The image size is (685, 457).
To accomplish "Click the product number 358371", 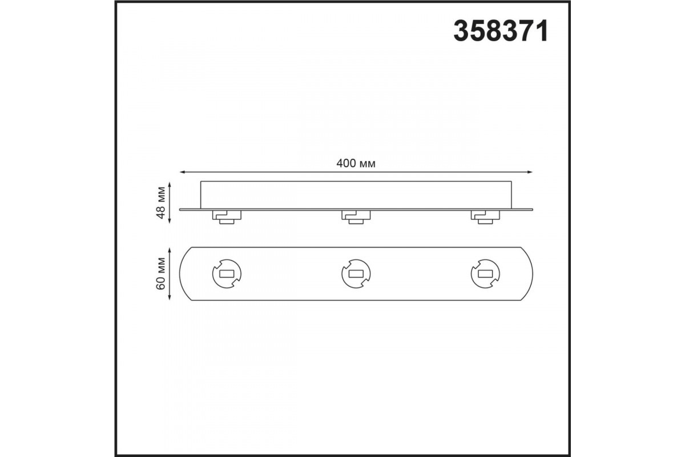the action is pos(501,31).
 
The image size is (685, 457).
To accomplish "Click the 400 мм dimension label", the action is pos(356,163).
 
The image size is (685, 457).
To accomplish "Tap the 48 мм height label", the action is pos(160,202).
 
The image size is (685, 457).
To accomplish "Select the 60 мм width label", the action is pos(160,273).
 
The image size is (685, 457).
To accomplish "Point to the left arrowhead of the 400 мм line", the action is pos(183,172).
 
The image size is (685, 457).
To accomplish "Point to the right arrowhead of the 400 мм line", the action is pos(530,172).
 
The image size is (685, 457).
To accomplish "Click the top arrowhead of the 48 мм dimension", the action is pos(170,185).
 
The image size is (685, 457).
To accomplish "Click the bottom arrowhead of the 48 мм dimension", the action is pos(170,221).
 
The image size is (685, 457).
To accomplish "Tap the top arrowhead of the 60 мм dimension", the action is pos(170,250).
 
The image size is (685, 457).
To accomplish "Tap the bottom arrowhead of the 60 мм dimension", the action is pos(170,297).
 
